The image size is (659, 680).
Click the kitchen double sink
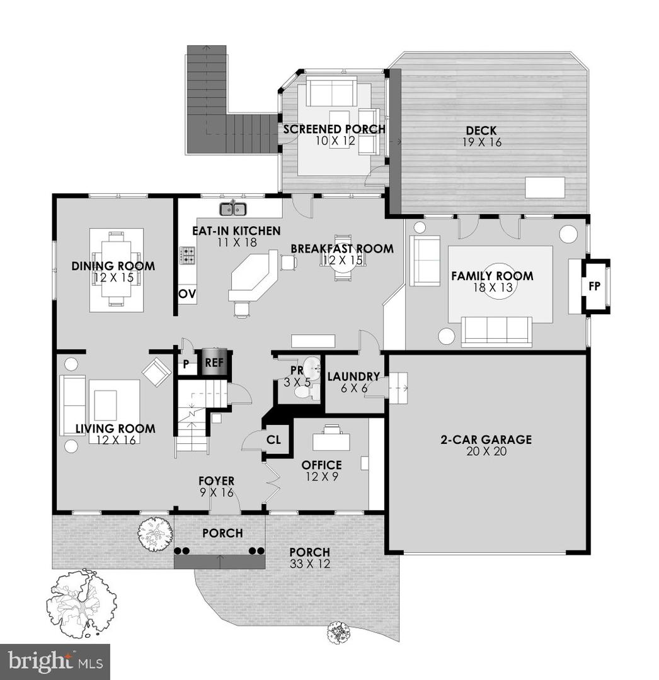tap(232, 209)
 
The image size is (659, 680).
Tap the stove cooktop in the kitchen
tap(187, 255)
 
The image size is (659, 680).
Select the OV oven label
tap(187, 293)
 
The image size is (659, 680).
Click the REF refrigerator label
tap(214, 362)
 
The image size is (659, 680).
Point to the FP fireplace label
tap(595, 286)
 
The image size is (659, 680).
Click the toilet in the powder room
tap(306, 391)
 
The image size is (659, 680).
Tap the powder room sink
tap(311, 368)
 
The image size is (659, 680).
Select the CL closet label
tap(273, 439)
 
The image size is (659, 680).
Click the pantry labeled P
tap(186, 364)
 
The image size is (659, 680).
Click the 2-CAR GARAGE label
tap(486, 439)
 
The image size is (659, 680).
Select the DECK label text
tap(481, 130)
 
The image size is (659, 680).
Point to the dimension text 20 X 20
tap(486, 451)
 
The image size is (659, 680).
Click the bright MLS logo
tap(55, 662)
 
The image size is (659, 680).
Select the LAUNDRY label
tap(353, 377)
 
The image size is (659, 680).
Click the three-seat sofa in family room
tap(496, 332)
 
